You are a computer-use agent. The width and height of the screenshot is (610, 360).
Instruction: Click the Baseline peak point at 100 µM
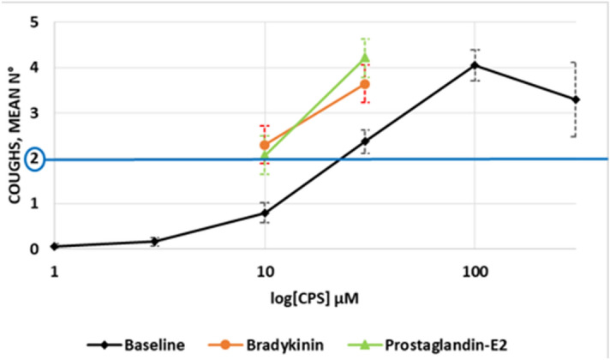tap(475, 65)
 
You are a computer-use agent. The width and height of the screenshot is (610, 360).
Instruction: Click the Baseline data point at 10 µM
tap(265, 213)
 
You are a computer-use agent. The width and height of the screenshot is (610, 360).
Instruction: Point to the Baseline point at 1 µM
tap(55, 246)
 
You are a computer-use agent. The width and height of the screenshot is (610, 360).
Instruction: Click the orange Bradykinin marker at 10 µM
tap(265, 145)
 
